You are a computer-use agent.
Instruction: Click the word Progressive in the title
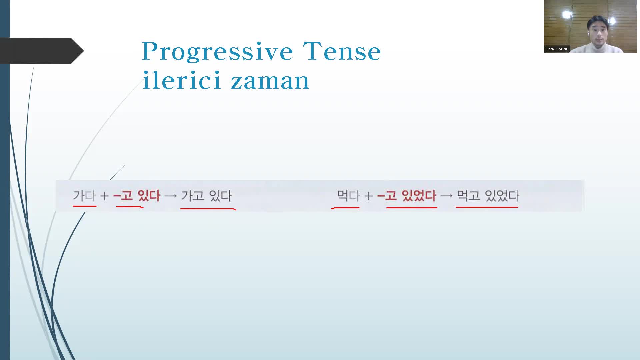coord(217,52)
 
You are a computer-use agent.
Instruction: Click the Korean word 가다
coord(84,196)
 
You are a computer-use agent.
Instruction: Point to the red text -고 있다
coord(137,196)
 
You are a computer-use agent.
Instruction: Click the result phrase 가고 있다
coord(206,196)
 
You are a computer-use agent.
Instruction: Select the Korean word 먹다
coord(348,196)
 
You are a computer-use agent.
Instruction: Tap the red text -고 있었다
coord(407,196)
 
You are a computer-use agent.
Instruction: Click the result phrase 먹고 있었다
coord(488,196)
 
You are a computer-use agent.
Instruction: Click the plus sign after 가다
coord(104,196)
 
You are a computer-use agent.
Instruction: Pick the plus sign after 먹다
coord(368,196)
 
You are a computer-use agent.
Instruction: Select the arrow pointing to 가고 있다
coord(171,196)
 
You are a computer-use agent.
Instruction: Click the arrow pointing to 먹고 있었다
coord(446,196)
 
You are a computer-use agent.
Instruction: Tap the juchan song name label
coord(557,49)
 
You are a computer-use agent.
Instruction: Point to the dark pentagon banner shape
coord(42,51)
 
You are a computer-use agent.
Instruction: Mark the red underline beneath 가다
coord(85,206)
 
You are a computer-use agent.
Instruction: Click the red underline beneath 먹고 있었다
coord(487,207)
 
